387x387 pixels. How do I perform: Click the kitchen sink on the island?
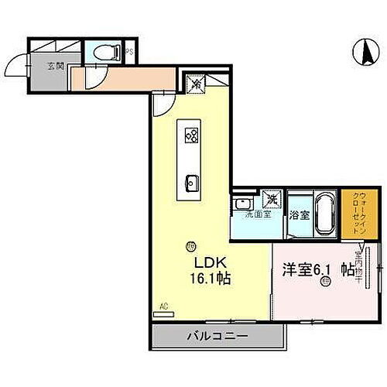[x=191, y=183]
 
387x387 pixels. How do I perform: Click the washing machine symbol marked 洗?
[x=271, y=200]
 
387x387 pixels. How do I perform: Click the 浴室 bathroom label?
[x=300, y=216]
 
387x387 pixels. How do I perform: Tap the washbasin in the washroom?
[x=242, y=204]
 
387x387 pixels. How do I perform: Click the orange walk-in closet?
[x=348, y=213]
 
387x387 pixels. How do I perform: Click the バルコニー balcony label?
[x=217, y=337]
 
